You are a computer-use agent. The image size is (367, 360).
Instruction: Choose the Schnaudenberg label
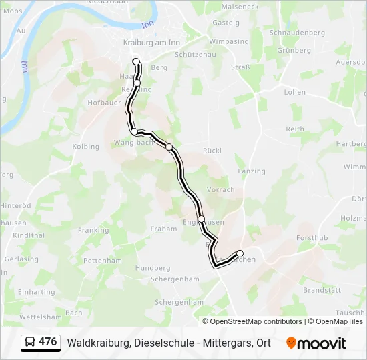296,32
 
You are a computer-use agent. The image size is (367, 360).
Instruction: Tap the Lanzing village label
251,171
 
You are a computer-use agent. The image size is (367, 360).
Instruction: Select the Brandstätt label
322,291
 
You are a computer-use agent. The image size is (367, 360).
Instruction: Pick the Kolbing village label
85,147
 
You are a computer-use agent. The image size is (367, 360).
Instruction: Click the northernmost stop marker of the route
137,62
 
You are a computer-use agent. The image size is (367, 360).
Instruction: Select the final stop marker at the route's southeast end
240,253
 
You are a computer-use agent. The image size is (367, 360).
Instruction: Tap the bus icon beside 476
30,342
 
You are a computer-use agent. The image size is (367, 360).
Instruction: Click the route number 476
47,342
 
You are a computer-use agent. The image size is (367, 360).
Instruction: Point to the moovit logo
316,343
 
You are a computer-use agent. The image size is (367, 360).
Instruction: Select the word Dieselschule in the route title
161,343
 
